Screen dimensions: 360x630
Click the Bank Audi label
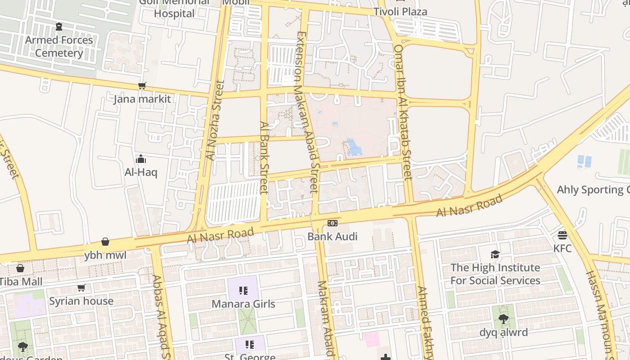tap(332, 236)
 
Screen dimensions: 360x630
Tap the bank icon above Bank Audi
tap(332, 223)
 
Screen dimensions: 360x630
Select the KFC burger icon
tap(562, 235)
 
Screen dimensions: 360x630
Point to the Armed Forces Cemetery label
tap(59, 46)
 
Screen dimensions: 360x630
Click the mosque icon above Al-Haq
tap(141, 159)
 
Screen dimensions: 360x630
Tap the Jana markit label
tap(142, 99)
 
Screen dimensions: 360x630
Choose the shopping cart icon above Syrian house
tap(81, 288)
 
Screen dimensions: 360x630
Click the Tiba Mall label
tap(21, 282)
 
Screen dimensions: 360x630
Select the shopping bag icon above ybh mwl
tap(105, 242)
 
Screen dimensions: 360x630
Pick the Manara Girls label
tap(243, 304)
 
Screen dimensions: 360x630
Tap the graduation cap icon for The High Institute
tap(495, 254)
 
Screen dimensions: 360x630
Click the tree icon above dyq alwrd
tap(503, 319)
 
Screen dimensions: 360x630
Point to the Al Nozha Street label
tap(214, 121)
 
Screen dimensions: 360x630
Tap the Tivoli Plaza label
tap(400, 12)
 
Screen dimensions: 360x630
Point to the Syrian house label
tap(81, 301)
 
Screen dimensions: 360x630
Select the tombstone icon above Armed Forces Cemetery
tap(59, 27)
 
